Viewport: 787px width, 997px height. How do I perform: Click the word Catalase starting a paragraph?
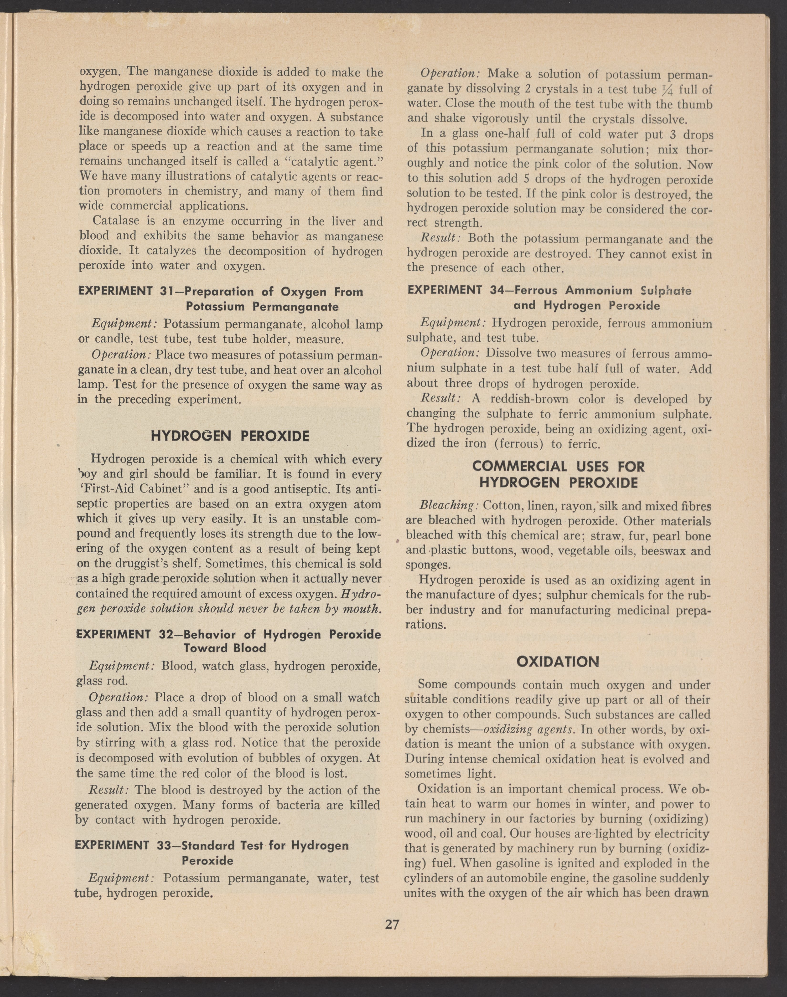(x=116, y=221)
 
